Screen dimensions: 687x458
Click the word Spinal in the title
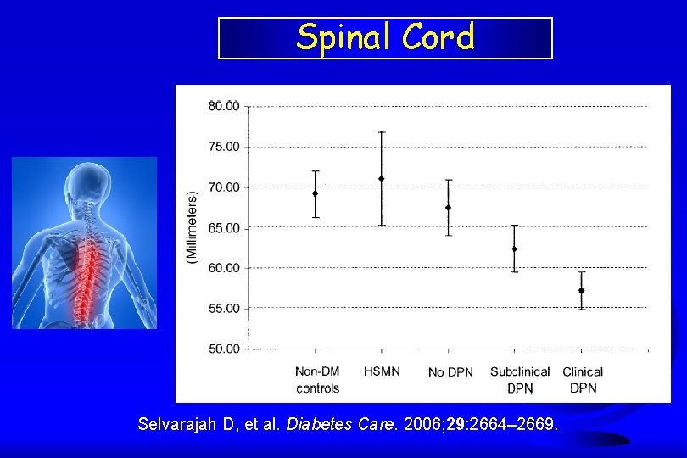pyautogui.click(x=343, y=38)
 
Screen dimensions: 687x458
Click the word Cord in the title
pyautogui.click(x=438, y=36)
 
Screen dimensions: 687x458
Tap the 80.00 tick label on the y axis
pyautogui.click(x=224, y=107)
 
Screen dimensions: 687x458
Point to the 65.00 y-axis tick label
pyautogui.click(x=224, y=228)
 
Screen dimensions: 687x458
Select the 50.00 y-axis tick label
pyautogui.click(x=224, y=349)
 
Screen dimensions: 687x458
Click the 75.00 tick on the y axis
pyautogui.click(x=224, y=147)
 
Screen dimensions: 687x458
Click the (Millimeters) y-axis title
pyautogui.click(x=192, y=227)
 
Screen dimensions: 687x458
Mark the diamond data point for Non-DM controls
pyautogui.click(x=316, y=193)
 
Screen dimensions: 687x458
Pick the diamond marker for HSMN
pyautogui.click(x=381, y=178)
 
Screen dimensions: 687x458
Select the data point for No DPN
pyautogui.click(x=448, y=207)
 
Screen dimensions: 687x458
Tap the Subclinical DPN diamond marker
pyautogui.click(x=514, y=249)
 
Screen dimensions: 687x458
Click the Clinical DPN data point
pyautogui.click(x=582, y=291)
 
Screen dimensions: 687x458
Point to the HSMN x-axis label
pyautogui.click(x=382, y=371)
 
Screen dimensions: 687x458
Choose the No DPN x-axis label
pyautogui.click(x=451, y=372)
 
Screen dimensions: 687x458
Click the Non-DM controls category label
pyautogui.click(x=318, y=380)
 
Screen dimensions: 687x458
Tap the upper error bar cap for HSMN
pyautogui.click(x=382, y=131)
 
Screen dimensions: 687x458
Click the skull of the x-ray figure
pyautogui.click(x=88, y=184)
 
